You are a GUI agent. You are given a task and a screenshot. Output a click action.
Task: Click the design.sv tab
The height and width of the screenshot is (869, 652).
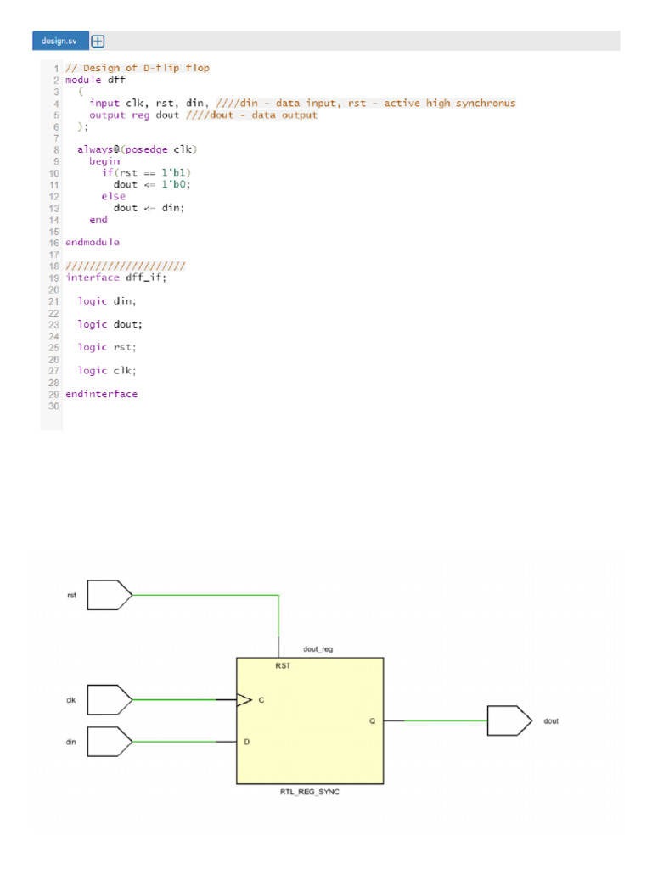[x=59, y=41]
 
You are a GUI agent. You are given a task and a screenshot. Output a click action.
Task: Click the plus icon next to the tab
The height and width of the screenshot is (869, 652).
[x=98, y=41]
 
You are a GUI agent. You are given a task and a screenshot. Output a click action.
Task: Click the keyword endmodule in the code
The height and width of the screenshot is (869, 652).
[x=93, y=242]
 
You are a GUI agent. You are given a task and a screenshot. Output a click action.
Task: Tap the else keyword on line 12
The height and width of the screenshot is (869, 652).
[x=113, y=196]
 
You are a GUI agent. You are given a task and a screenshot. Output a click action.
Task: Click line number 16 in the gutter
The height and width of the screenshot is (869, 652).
[x=53, y=242]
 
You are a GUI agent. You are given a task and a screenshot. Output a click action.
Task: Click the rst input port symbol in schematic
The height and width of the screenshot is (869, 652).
[x=110, y=595]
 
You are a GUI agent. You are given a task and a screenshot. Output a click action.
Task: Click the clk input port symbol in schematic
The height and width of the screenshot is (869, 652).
[x=110, y=700]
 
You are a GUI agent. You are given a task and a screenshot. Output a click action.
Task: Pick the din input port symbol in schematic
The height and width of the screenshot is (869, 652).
[x=110, y=742]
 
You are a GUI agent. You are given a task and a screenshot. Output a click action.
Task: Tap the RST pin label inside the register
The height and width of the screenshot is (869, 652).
[x=283, y=666]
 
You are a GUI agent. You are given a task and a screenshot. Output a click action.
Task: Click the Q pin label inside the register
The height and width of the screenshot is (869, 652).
[x=372, y=720]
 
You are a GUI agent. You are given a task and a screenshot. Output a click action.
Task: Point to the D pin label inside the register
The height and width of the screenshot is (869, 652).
[x=247, y=742]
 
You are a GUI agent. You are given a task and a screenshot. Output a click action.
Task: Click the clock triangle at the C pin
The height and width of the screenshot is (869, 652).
[x=244, y=700]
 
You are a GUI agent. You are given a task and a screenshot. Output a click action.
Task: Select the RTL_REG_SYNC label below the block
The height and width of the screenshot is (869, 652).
[x=309, y=792]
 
